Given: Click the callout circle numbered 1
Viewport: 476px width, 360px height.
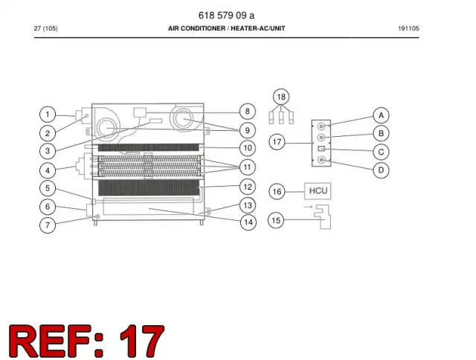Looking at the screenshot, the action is pyautogui.click(x=48, y=115).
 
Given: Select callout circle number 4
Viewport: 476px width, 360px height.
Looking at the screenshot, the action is pyautogui.click(x=48, y=170).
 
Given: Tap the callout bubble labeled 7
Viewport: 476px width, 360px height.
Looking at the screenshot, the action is pyautogui.click(x=48, y=225).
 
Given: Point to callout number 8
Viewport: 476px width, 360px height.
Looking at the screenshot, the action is pyautogui.click(x=248, y=112).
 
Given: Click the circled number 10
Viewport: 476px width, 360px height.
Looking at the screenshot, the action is pyautogui.click(x=248, y=148).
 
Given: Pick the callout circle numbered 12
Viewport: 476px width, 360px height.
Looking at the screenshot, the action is pyautogui.click(x=248, y=187).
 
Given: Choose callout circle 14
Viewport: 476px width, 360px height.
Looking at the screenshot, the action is pyautogui.click(x=248, y=222).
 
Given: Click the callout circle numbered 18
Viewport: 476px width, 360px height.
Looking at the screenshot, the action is pyautogui.click(x=281, y=97).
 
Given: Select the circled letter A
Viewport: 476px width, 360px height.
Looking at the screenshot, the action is pyautogui.click(x=381, y=115).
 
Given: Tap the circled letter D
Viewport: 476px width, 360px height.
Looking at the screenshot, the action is pyautogui.click(x=381, y=170).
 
